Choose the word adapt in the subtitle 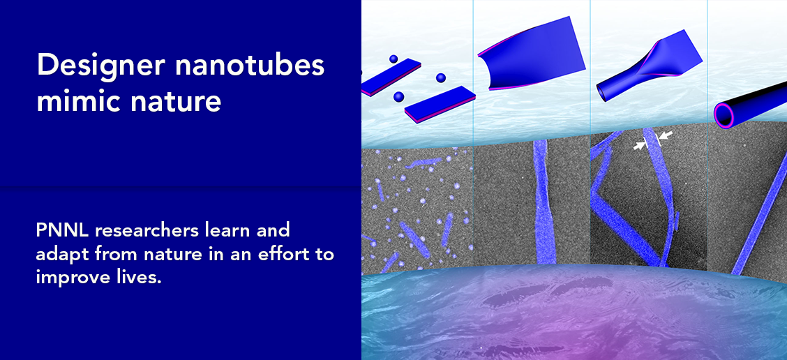[x=58, y=254]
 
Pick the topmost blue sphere [x=393, y=59]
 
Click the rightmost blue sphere [x=441, y=78]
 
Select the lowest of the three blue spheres [x=399, y=96]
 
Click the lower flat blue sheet [x=440, y=105]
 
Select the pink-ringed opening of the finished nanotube [x=724, y=116]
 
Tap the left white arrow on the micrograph [x=639, y=146]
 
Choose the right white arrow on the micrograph [x=664, y=136]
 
